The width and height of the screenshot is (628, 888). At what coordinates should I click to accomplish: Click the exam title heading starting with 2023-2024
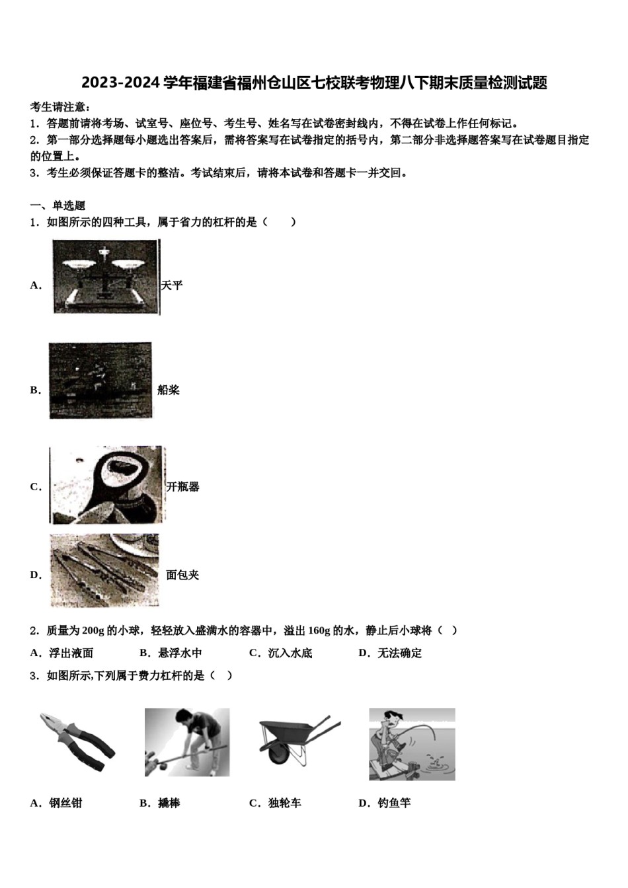314,83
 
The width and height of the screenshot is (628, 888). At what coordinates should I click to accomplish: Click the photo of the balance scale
106,276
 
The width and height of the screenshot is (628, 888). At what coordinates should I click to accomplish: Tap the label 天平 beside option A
172,285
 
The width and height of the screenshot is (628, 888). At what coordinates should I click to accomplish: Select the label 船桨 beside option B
169,390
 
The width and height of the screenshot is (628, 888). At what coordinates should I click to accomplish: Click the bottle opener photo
107,486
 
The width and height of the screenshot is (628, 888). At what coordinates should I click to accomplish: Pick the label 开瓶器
182,487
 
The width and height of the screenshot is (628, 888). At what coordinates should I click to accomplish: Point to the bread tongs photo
104,570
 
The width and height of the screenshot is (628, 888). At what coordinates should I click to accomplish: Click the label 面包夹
182,575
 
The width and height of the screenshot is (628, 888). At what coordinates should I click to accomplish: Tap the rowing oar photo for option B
100,381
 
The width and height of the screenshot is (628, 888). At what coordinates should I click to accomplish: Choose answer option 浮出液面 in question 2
71,653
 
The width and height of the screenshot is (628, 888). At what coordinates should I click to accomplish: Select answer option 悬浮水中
180,653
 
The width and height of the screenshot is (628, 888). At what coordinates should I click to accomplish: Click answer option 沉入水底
290,653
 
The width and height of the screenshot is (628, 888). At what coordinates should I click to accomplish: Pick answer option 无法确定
399,653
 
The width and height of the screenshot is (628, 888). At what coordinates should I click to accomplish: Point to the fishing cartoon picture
412,744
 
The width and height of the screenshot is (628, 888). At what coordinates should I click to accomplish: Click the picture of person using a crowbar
187,742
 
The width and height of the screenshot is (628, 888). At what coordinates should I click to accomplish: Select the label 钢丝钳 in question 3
65,803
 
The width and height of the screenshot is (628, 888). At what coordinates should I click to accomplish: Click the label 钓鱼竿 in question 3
394,803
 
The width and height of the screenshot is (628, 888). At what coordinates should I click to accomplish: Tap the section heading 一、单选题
58,205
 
